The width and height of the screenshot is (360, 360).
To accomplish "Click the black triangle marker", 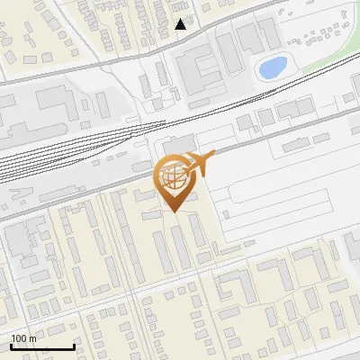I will pos(181,24).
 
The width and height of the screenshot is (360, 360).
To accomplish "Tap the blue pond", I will pos(272,67).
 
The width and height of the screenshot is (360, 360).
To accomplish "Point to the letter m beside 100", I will pos(32,338).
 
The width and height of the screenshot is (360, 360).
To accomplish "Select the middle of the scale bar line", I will pos(42,346).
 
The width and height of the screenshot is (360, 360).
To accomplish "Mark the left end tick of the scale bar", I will pos(11,346).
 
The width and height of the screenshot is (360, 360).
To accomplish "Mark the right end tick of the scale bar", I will pos(74,346).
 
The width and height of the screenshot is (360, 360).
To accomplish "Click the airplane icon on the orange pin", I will pos(200,163).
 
